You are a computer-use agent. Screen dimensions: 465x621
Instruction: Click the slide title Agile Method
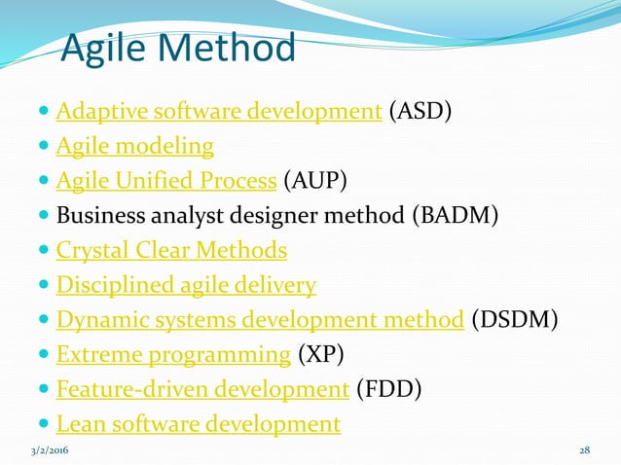click(x=177, y=48)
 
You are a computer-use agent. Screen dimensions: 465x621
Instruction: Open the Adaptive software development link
click(x=218, y=111)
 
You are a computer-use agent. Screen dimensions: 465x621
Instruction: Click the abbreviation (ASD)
click(x=420, y=111)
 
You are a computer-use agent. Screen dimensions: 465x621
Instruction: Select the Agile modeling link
click(x=134, y=146)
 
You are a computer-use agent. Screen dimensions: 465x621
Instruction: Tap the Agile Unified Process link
click(x=166, y=181)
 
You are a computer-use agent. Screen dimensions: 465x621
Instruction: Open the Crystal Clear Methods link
click(x=171, y=250)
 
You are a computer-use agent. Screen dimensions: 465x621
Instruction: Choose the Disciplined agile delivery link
click(x=186, y=285)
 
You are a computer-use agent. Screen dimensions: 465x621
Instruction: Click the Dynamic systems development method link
click(x=259, y=319)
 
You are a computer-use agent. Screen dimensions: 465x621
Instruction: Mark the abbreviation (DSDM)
click(x=515, y=319)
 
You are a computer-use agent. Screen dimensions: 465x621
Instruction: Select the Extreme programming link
click(x=173, y=354)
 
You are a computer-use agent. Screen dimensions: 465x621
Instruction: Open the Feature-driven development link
click(x=202, y=389)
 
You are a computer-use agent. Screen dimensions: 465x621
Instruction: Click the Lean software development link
click(x=199, y=424)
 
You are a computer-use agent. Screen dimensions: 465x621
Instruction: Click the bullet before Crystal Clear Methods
click(x=45, y=251)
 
